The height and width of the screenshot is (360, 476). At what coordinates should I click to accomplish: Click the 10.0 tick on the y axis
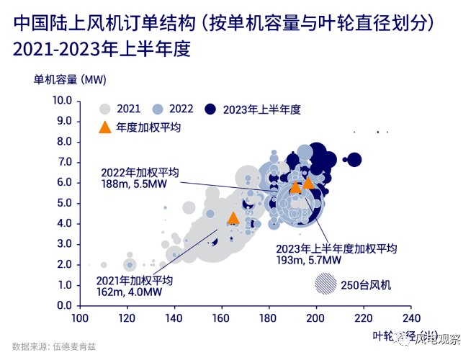(63, 100)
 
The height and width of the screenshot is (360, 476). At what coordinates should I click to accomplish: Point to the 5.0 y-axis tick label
(64, 203)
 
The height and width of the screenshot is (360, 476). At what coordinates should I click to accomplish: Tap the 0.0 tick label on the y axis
(64, 305)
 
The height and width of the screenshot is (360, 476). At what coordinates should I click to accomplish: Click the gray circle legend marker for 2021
(105, 109)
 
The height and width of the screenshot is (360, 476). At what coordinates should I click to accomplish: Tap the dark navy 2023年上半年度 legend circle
(210, 109)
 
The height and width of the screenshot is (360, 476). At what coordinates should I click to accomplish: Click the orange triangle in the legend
(105, 127)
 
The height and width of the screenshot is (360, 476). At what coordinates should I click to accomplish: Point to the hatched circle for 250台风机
(325, 285)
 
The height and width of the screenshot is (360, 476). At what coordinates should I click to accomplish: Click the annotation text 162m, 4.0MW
(120, 291)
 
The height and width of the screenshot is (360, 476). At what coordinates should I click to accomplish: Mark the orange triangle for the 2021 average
(233, 218)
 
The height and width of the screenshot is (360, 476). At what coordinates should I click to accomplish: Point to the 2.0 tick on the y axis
(64, 264)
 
